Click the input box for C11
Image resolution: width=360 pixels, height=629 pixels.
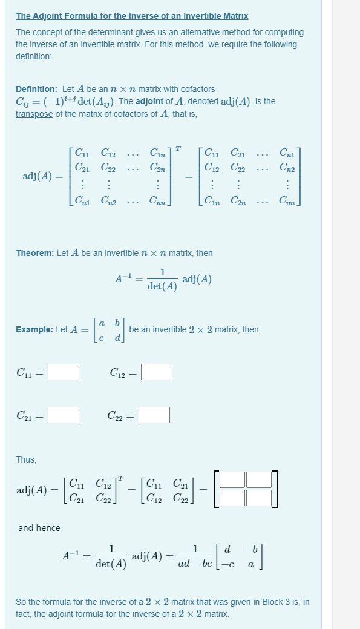64,371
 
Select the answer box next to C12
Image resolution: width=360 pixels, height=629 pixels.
157,371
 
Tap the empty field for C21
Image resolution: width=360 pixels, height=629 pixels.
64,415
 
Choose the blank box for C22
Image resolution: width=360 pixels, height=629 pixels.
154,415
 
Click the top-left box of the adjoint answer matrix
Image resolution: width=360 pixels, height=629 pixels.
233,479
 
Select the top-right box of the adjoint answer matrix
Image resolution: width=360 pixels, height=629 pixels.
259,479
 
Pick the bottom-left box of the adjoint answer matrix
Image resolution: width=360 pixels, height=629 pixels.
233,498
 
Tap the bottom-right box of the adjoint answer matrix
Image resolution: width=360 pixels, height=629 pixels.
259,498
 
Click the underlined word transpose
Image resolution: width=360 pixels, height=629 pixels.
34,113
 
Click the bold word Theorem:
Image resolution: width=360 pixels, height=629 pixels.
35,253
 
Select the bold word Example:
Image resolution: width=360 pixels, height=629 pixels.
34,330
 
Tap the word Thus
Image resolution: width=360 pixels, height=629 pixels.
26,459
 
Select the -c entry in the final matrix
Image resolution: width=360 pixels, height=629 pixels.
226,563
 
